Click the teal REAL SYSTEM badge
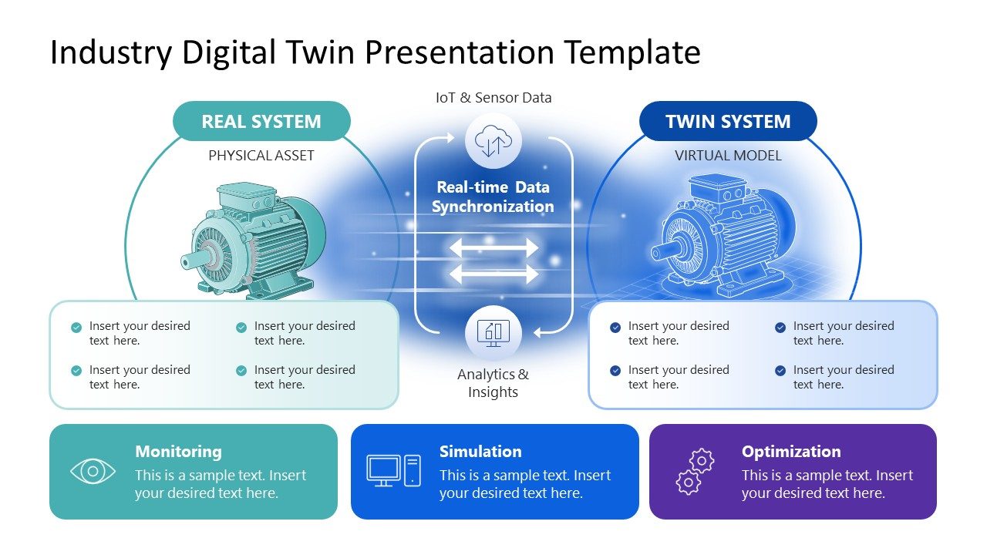click(261, 122)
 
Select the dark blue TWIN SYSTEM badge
click(728, 122)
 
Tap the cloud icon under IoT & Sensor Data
click(493, 141)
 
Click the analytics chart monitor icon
click(493, 332)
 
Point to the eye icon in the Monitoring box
click(93, 471)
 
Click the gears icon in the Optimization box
click(695, 471)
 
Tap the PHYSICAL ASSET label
click(261, 156)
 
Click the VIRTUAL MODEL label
click(728, 156)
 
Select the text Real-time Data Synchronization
click(493, 197)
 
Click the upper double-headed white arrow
click(493, 247)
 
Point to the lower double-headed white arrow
click(493, 274)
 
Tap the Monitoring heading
click(178, 452)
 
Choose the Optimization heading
click(791, 452)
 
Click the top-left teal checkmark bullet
click(76, 328)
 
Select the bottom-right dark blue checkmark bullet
click(780, 371)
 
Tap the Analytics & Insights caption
click(493, 383)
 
